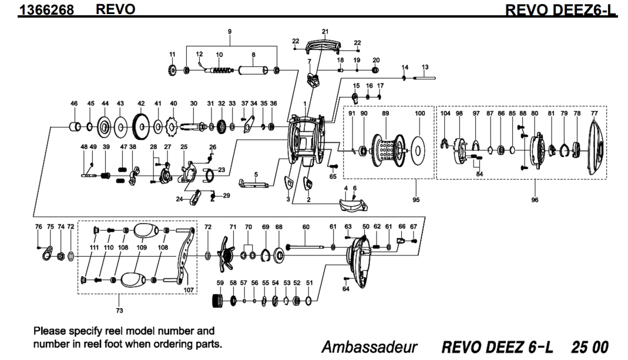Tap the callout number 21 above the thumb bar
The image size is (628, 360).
325,31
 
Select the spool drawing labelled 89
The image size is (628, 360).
387,151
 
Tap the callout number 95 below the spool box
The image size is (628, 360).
416,200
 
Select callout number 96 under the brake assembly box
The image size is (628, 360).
535,200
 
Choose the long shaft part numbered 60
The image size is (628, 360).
305,247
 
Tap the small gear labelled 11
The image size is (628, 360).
172,71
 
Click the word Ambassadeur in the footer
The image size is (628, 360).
369,346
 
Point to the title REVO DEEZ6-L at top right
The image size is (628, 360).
563,9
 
